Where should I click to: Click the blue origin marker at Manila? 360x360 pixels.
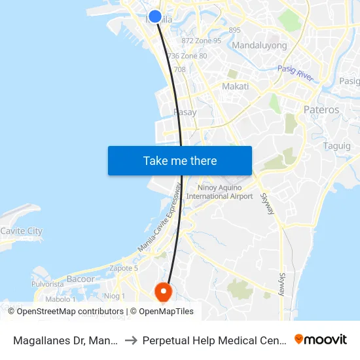click(x=155, y=17)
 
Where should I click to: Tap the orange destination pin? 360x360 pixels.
click(x=162, y=291)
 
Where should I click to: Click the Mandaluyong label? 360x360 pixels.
click(x=259, y=46)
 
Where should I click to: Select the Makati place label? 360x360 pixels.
click(x=235, y=86)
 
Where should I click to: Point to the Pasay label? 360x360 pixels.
click(x=185, y=112)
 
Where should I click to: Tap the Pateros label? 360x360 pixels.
click(x=321, y=109)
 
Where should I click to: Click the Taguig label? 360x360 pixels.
click(x=336, y=146)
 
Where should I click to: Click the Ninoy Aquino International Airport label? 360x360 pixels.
click(x=219, y=192)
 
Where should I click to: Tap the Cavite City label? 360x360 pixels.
click(x=21, y=231)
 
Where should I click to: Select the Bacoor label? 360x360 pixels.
click(x=81, y=279)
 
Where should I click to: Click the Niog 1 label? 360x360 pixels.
click(x=115, y=296)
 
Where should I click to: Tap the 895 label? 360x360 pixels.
click(x=235, y=30)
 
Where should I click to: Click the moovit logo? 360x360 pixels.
click(x=320, y=339)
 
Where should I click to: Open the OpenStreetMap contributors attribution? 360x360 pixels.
click(x=75, y=312)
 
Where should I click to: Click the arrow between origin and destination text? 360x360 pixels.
click(x=132, y=340)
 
